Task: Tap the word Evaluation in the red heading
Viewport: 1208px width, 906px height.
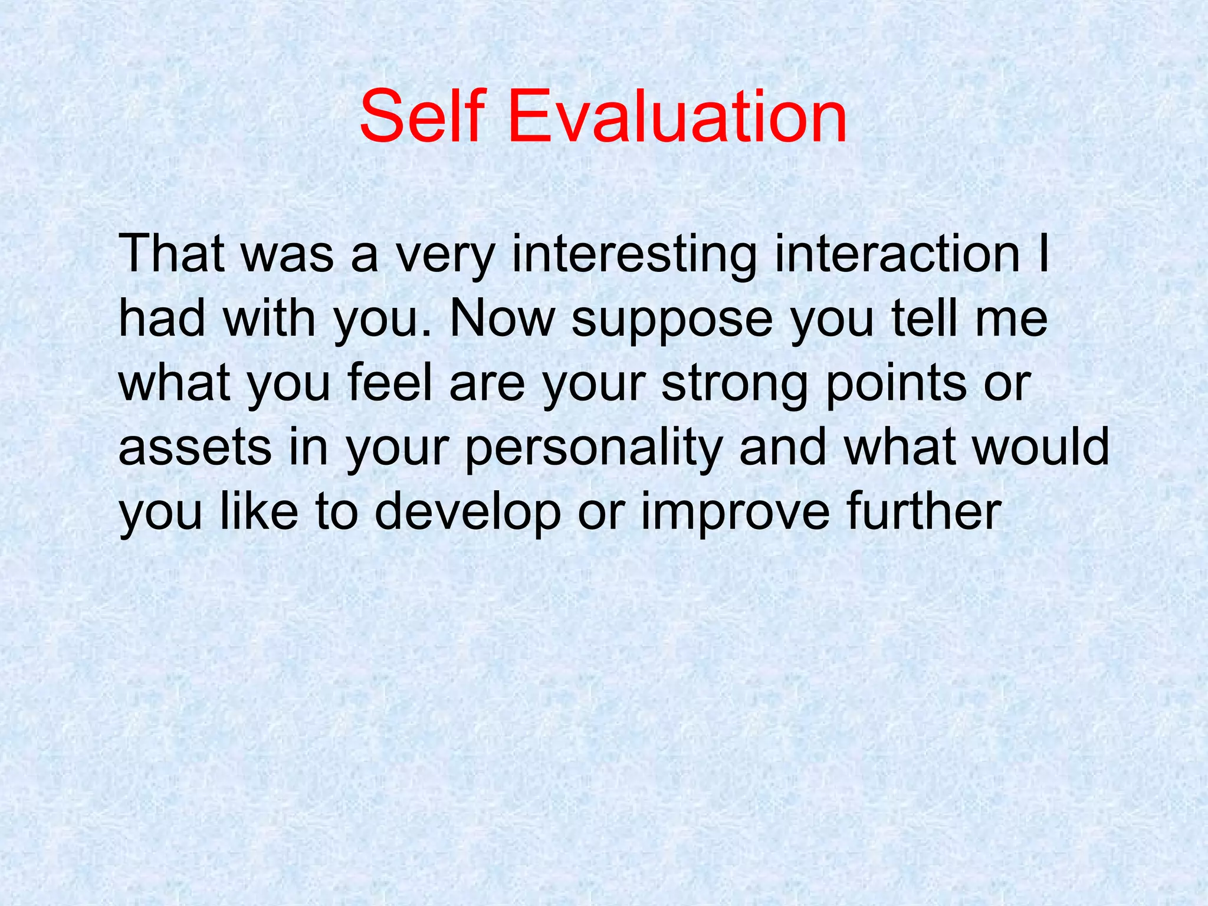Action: pyautogui.click(x=677, y=116)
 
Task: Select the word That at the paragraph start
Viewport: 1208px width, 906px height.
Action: pyautogui.click(x=171, y=254)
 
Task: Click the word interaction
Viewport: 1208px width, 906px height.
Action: pyautogui.click(x=897, y=254)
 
